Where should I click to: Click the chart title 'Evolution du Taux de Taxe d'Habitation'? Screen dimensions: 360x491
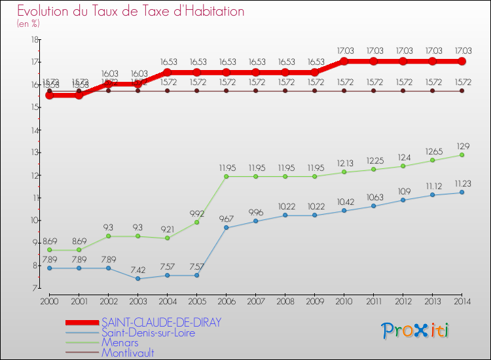click(x=131, y=12)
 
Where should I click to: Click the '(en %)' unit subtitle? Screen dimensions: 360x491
click(x=28, y=24)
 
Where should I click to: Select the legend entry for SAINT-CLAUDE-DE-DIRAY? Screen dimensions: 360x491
click(x=161, y=322)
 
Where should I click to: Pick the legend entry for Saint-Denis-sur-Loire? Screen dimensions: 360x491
click(x=148, y=333)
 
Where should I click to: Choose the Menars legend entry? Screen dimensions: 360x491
click(x=119, y=342)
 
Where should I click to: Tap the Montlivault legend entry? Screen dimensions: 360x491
click(x=128, y=353)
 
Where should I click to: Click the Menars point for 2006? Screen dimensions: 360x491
click(x=227, y=176)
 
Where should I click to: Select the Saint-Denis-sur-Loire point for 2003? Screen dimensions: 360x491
click(x=137, y=278)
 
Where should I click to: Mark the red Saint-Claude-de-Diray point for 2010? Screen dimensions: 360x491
click(x=344, y=62)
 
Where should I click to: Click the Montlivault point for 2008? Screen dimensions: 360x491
click(x=285, y=91)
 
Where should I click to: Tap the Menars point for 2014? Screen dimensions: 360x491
click(x=462, y=154)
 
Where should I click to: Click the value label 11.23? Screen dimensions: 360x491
click(x=462, y=183)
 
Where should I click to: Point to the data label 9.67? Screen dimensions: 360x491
click(x=227, y=218)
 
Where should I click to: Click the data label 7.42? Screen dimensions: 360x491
click(x=137, y=269)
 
